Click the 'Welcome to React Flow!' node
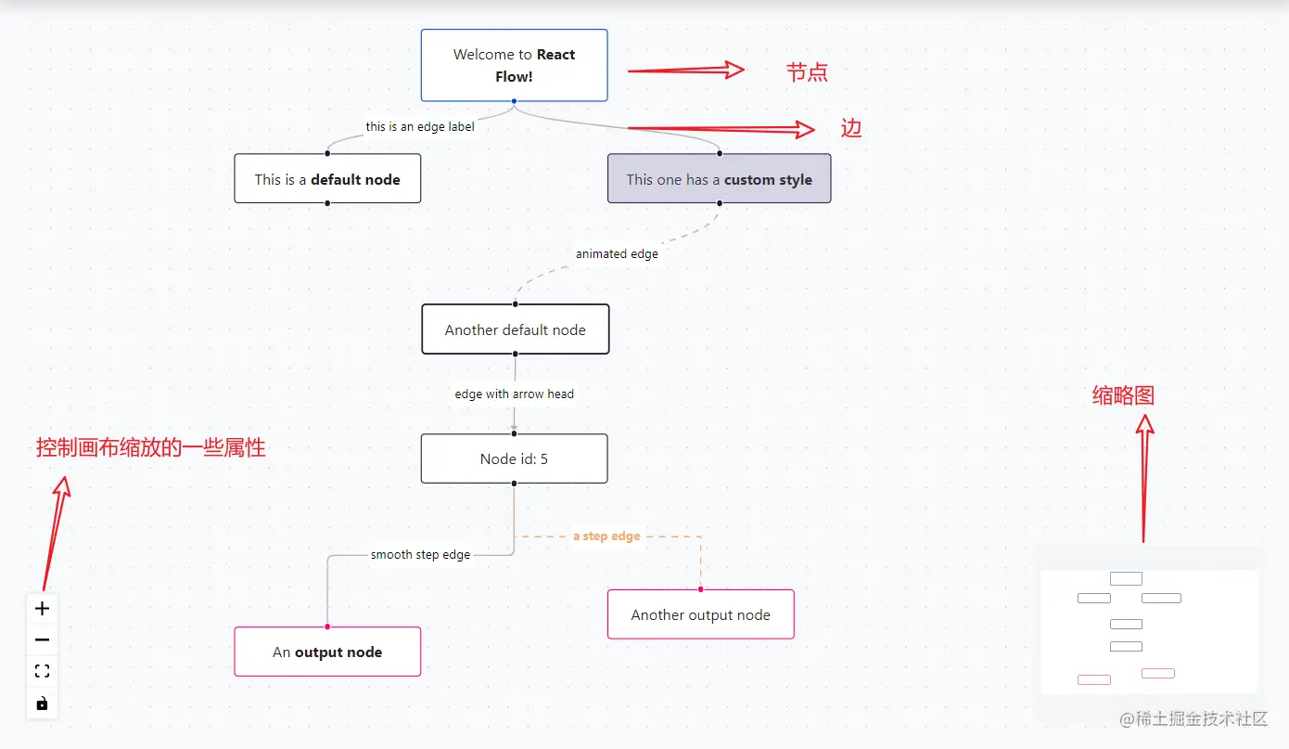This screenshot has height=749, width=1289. (x=514, y=65)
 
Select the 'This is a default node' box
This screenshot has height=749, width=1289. (x=327, y=178)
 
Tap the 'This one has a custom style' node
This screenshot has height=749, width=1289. (x=720, y=178)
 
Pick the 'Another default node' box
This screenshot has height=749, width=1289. (x=515, y=329)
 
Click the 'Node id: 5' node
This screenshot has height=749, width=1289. (x=514, y=458)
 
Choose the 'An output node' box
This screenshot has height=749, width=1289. (x=327, y=652)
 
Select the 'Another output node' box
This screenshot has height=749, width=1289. (x=701, y=614)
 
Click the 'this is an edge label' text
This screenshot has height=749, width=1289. (x=420, y=127)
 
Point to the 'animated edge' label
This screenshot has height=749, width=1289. (x=617, y=253)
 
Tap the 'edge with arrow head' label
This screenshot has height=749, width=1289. (x=515, y=394)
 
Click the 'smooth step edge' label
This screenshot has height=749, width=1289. (x=421, y=555)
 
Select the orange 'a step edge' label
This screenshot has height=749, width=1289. (x=606, y=536)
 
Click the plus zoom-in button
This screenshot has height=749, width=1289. (x=42, y=609)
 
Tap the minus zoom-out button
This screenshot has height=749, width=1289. (x=42, y=639)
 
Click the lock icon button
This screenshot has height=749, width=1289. (x=42, y=704)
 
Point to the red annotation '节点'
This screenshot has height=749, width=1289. (x=807, y=72)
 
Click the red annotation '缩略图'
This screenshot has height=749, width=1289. (x=1123, y=395)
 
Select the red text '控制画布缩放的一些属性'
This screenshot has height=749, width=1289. (x=151, y=447)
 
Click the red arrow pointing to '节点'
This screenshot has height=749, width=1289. (x=686, y=71)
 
